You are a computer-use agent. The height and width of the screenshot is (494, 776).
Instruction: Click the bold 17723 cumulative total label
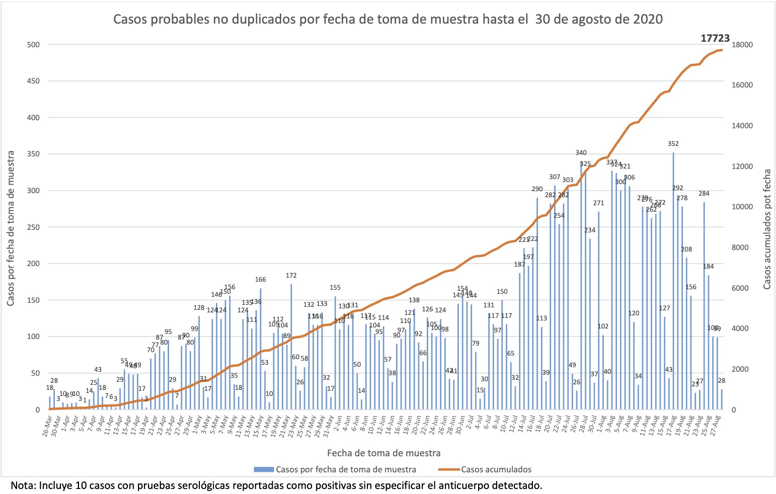point(715,38)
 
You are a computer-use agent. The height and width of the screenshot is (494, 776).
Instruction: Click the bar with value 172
point(291,347)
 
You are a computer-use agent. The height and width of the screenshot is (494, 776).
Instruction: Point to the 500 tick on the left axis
point(33,45)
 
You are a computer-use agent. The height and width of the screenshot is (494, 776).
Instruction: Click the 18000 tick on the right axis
point(742,45)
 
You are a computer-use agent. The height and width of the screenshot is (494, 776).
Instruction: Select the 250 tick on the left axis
point(33,227)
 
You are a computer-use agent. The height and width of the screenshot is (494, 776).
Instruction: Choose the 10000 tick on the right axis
point(742,207)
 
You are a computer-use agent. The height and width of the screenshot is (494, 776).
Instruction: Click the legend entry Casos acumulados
point(496,469)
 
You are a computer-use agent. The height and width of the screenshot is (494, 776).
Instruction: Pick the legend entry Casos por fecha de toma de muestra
point(346,469)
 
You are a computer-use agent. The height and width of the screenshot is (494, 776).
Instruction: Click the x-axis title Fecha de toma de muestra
point(383,453)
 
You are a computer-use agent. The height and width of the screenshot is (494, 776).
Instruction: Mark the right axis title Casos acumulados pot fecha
point(767,229)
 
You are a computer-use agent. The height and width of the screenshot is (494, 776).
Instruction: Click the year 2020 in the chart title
point(648,19)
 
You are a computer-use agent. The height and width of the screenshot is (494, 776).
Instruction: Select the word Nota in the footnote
point(21,485)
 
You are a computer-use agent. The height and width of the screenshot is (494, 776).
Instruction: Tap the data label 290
point(537,189)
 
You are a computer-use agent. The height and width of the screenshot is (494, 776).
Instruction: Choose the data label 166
point(260,280)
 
